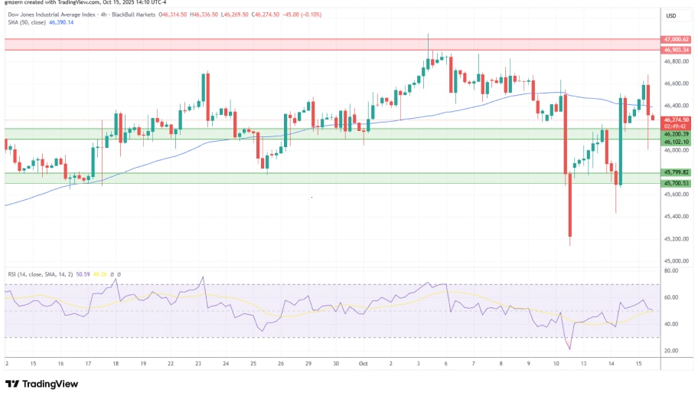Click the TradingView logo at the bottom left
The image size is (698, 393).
(39, 384)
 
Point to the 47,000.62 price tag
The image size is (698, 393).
(677, 39)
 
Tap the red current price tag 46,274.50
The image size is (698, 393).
(677, 120)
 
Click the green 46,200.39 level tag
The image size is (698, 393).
(677, 133)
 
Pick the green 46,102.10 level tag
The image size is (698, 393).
(677, 142)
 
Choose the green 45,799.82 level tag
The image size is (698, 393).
(677, 172)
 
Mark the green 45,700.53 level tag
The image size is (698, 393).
(677, 183)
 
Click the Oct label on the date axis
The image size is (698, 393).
(364, 363)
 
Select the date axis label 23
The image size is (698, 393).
(197, 363)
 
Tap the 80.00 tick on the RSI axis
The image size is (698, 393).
(672, 270)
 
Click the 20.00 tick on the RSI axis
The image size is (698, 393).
(672, 350)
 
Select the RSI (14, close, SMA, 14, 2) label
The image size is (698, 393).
(46, 273)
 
